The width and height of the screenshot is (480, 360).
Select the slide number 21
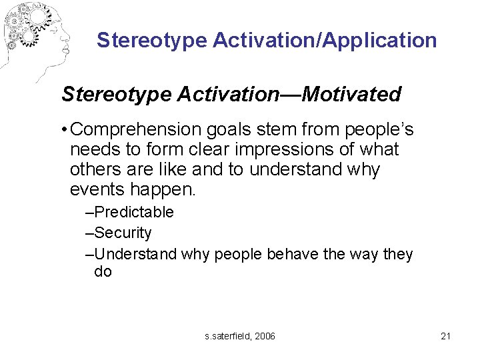click(x=446, y=336)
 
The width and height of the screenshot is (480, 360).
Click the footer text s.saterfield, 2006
click(x=240, y=336)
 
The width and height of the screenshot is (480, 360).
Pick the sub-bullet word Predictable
click(x=134, y=213)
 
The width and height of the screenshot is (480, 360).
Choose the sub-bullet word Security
click(x=123, y=233)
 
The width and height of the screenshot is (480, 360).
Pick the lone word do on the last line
click(x=103, y=272)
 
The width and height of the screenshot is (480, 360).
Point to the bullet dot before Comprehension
click(x=63, y=129)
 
